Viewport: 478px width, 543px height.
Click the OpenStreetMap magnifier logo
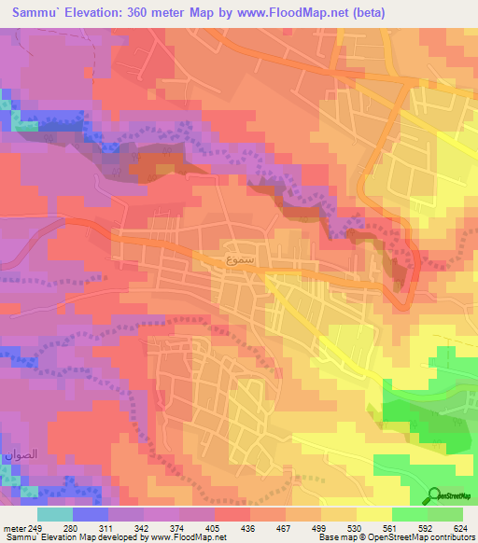point(435,495)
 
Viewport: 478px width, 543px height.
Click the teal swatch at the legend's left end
point(54,514)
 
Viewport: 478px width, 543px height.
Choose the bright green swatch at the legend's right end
point(445,514)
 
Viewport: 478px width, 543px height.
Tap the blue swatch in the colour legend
point(91,514)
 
